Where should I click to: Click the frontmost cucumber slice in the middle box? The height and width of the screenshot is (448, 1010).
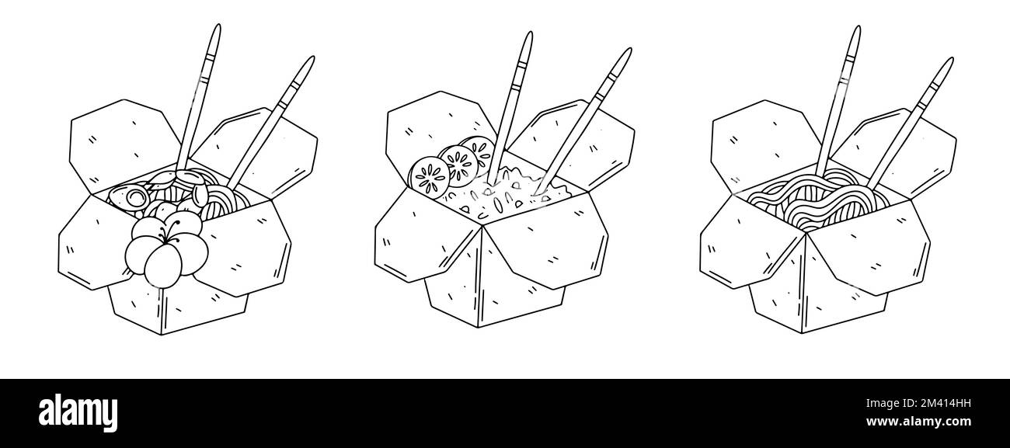(x=430, y=178)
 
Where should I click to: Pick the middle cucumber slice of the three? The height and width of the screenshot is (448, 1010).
(x=458, y=165)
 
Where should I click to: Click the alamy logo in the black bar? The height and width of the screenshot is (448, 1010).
(x=78, y=412)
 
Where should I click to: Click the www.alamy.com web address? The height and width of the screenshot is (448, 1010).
(x=918, y=422)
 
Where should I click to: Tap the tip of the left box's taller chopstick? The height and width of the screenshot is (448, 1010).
(x=218, y=26)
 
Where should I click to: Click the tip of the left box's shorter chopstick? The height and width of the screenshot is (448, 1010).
(x=312, y=57)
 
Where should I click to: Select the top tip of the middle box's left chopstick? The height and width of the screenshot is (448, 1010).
(x=531, y=33)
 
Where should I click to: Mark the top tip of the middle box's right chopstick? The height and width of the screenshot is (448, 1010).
(x=629, y=49)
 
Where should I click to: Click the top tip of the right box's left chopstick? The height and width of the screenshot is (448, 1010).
(x=858, y=27)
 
